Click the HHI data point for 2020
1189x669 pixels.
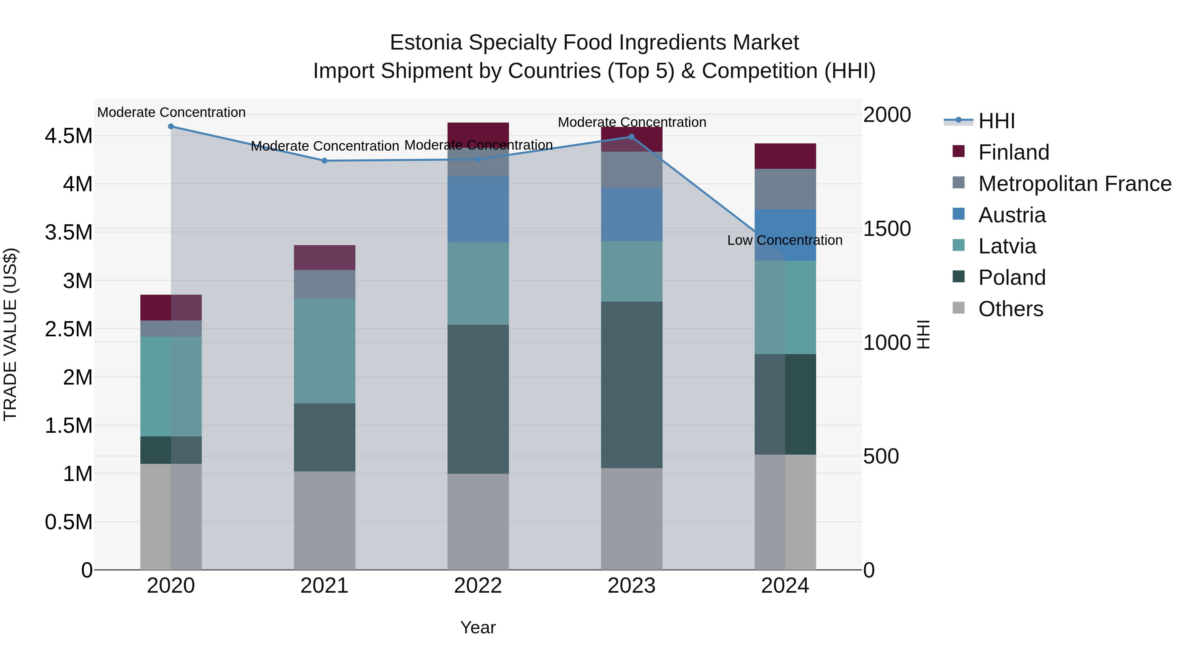pyautogui.click(x=171, y=127)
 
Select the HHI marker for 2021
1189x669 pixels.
pyautogui.click(x=324, y=161)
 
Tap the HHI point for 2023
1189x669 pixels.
pyautogui.click(x=632, y=137)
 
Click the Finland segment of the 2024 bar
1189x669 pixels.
pyautogui.click(x=785, y=156)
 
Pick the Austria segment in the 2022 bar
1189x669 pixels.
pyautogui.click(x=478, y=209)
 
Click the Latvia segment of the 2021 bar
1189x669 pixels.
pyautogui.click(x=324, y=351)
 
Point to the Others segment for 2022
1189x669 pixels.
pyautogui.click(x=478, y=522)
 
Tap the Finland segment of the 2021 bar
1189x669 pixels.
pyautogui.click(x=324, y=258)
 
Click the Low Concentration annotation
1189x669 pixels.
pyautogui.click(x=785, y=241)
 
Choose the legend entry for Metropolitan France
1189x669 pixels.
pyautogui.click(x=1074, y=184)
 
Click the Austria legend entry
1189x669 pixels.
pyautogui.click(x=1012, y=215)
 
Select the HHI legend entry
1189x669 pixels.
pyautogui.click(x=996, y=121)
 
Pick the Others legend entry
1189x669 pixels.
pyautogui.click(x=1010, y=309)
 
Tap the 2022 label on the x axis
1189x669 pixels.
pyautogui.click(x=478, y=586)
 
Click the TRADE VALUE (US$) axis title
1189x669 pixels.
pyautogui.click(x=10, y=334)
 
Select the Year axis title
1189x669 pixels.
pyautogui.click(x=478, y=627)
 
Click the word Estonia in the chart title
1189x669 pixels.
pyautogui.click(x=426, y=43)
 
